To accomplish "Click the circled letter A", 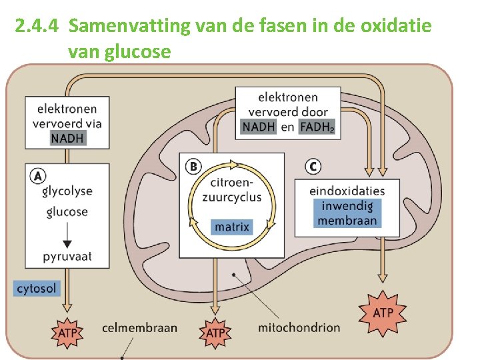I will (39, 176).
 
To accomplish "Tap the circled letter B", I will (193, 165).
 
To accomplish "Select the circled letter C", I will (313, 165).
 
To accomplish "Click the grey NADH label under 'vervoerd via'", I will (67, 138).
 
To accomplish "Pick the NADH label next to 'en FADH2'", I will (258, 127).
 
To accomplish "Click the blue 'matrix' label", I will (232, 227).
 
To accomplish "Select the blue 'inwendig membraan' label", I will (347, 213).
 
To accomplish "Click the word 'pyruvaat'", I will (67, 256).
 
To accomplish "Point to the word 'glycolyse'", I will (67, 191).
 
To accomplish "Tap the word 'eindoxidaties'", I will (347, 191).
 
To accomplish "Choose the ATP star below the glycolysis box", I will (67, 331).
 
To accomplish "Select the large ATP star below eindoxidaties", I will (382, 313).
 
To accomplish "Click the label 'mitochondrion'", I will (299, 327).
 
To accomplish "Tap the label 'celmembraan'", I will (140, 327).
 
